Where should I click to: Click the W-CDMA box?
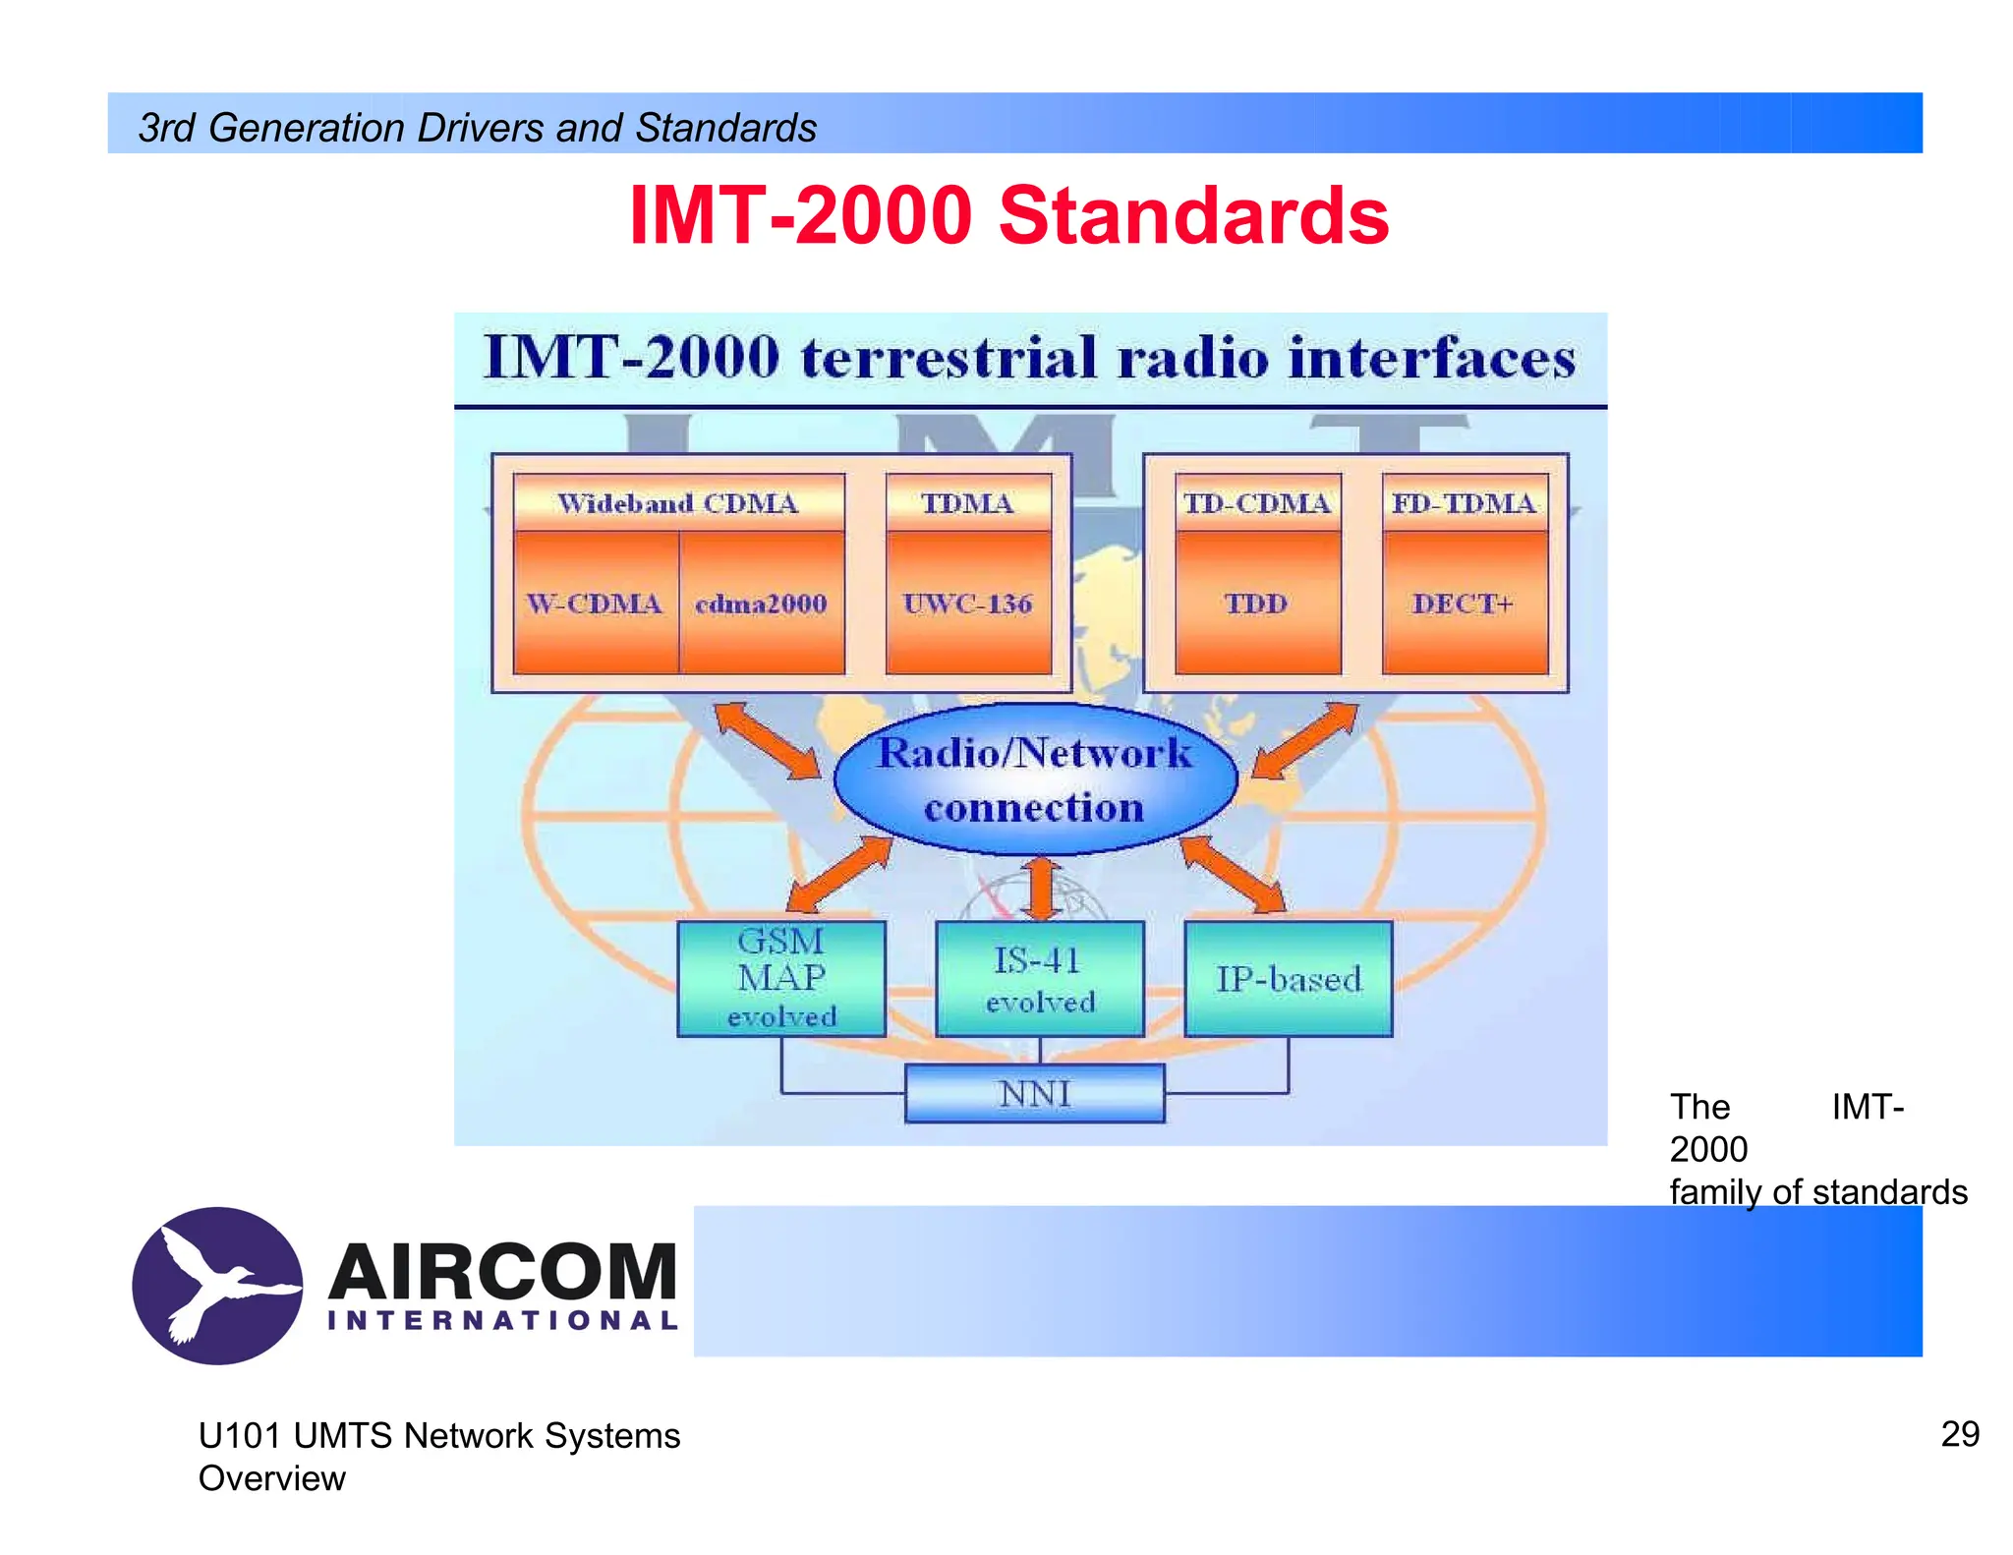(595, 604)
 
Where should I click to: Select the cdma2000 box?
(762, 604)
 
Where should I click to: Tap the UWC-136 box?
(968, 604)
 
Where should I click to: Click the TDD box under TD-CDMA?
(1257, 604)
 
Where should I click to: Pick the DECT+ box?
(1464, 604)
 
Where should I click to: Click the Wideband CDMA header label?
(678, 503)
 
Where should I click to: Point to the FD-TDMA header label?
(1464, 503)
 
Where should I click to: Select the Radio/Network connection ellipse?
(1035, 779)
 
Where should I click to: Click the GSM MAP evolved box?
(781, 979)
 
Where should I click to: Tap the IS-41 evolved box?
(1040, 979)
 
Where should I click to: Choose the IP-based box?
(1289, 979)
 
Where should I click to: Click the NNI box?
(1034, 1094)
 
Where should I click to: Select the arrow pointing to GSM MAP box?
(838, 874)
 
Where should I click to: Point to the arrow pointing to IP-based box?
(1233, 874)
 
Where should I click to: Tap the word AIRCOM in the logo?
(502, 1272)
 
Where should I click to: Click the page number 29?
(1959, 1434)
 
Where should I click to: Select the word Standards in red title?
(1193, 215)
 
